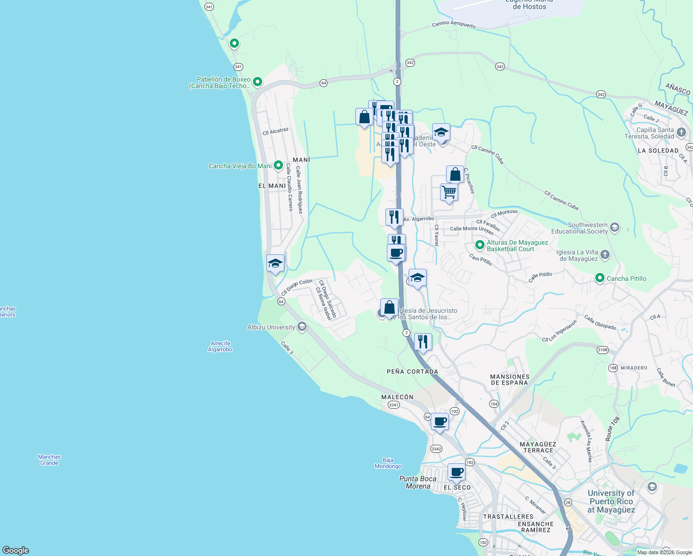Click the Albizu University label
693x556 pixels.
point(271,327)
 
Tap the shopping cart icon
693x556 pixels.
point(449,192)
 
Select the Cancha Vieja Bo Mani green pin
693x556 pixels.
point(278,165)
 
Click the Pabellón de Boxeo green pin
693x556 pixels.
point(258,82)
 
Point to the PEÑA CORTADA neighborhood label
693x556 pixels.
point(412,372)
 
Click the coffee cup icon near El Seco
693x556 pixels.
point(457,472)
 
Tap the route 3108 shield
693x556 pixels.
point(602,350)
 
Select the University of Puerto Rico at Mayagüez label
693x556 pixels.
point(611,501)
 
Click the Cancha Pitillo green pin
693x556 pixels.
point(600,278)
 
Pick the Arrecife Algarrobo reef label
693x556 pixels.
point(220,347)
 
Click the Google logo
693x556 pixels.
point(16,550)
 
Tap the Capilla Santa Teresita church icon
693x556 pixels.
point(681,132)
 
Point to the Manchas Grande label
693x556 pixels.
point(50,460)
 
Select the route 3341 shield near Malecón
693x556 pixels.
point(393,405)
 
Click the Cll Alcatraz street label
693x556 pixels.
point(276,132)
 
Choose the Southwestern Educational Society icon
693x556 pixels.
point(615,227)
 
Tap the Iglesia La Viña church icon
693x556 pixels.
point(605,254)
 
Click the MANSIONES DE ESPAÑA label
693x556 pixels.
point(510,380)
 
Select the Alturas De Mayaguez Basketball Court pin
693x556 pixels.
point(480,245)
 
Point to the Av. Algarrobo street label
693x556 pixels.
point(419,219)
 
